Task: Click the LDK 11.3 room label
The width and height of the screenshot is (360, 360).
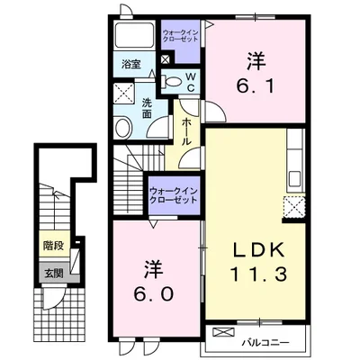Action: click(x=257, y=262)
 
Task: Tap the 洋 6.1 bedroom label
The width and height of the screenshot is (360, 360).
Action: click(x=256, y=73)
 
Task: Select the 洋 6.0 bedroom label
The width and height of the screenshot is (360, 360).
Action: click(x=154, y=281)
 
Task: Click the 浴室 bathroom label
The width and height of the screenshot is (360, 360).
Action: click(x=131, y=64)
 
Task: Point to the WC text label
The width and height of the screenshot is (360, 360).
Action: click(x=192, y=82)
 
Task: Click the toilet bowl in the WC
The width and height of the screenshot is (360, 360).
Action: click(x=172, y=82)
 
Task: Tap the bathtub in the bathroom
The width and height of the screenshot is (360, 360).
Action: click(x=134, y=34)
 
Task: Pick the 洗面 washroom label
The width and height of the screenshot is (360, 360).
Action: click(x=147, y=108)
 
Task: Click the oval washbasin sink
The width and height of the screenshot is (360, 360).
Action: click(x=123, y=128)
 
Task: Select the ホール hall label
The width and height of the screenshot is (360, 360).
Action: click(x=186, y=131)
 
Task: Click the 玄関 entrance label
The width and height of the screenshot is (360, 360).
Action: click(x=54, y=273)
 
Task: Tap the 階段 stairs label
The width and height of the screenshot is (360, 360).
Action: click(x=54, y=246)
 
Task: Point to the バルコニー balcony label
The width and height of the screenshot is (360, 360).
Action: click(x=265, y=342)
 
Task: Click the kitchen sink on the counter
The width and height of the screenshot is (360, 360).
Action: click(x=295, y=179)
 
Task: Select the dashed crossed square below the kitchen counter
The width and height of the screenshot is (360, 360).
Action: click(x=294, y=206)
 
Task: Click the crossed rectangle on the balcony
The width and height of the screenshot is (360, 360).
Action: click(x=223, y=332)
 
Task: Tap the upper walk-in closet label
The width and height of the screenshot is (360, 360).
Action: click(x=181, y=36)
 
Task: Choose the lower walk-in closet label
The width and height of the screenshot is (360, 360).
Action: click(x=174, y=195)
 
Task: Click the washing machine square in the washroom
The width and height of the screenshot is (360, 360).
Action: click(x=124, y=94)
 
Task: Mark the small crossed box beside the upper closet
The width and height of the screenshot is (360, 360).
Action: click(x=166, y=59)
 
